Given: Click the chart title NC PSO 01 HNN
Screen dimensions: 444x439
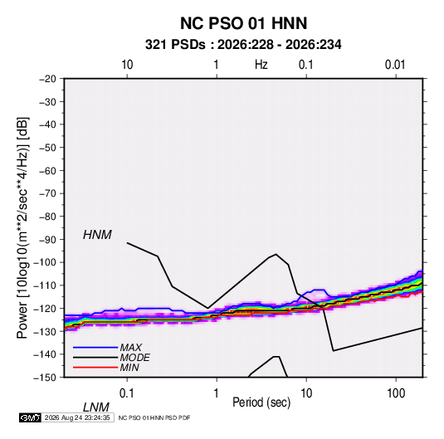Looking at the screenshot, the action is (243, 23).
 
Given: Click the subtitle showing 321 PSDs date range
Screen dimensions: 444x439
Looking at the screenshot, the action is (243, 45).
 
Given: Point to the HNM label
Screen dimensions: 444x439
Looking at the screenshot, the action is (97, 235).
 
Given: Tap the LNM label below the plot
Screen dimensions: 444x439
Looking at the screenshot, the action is (96, 407).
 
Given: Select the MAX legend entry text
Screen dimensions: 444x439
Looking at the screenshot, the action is (131, 348).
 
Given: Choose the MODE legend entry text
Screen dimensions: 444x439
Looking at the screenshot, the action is (134, 358).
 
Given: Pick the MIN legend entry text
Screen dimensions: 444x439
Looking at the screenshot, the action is (129, 368).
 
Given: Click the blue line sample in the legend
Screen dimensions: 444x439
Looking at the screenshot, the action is (95, 348).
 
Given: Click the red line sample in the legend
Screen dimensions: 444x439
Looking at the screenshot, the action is (95, 368).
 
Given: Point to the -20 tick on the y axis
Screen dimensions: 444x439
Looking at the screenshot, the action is (47, 79).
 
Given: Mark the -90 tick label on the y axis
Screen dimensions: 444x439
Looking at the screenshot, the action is (47, 240).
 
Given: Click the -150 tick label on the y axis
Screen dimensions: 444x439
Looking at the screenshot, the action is (45, 378).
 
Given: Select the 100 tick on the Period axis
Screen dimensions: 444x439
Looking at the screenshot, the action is (396, 393).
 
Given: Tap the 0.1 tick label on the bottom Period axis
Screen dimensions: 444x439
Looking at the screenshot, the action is (127, 393).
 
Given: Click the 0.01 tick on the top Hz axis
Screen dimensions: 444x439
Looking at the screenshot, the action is (395, 65).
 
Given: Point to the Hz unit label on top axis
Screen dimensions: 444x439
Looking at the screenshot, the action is (261, 65).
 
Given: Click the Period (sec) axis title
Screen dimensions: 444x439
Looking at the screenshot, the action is (261, 402).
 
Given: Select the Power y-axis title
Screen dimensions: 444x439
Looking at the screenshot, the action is (22, 227).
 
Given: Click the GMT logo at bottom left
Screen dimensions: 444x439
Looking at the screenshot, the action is (30, 417).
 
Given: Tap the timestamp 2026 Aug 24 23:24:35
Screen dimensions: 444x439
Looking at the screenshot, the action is (77, 417).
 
